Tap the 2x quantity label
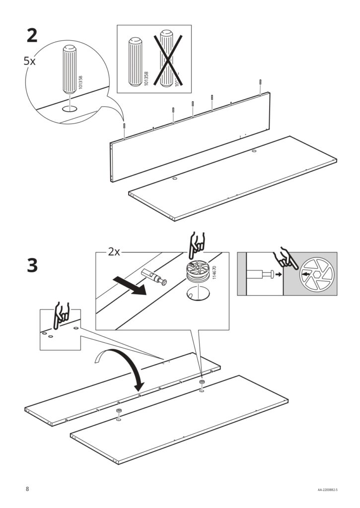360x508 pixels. [114, 252]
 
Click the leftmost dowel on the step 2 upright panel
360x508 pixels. [124, 127]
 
